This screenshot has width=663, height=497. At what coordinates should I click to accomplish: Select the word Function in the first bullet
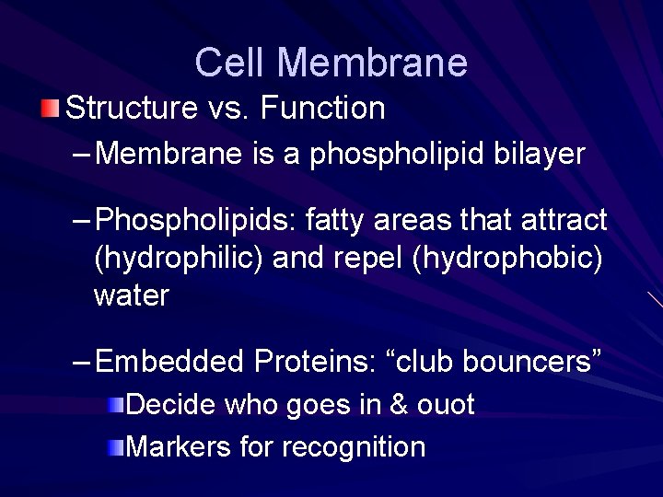point(323,109)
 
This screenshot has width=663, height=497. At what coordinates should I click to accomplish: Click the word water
point(131,295)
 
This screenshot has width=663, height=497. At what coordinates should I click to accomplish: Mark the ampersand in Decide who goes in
point(397,404)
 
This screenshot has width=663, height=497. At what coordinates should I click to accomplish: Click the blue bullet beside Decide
point(113,405)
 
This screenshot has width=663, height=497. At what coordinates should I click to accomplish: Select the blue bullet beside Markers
point(113,447)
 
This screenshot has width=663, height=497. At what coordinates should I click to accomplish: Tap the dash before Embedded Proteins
point(81,362)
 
